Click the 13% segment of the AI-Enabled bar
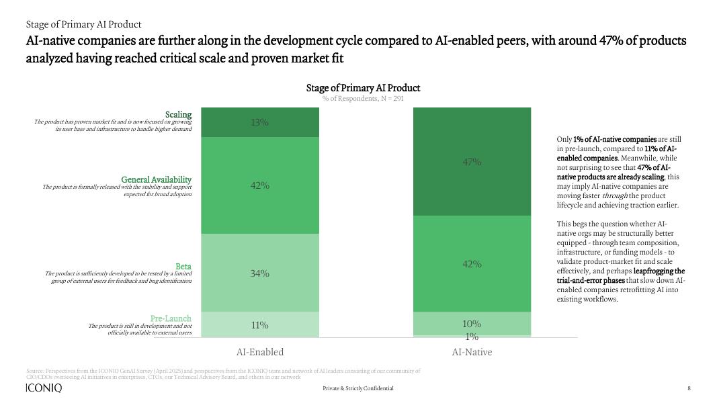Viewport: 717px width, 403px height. tap(260, 122)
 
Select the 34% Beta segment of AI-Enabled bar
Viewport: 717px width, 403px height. tap(260, 273)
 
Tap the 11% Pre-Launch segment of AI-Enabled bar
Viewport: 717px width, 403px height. tap(260, 325)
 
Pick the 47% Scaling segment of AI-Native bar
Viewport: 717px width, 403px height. tap(472, 161)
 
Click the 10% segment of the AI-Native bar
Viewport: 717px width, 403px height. tap(472, 324)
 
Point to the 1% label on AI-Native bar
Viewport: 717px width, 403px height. tap(472, 337)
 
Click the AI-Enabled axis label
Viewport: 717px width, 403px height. tap(260, 352)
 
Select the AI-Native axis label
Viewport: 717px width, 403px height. tap(472, 352)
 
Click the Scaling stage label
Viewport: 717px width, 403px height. tap(178, 115)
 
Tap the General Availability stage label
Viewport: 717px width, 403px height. tap(156, 180)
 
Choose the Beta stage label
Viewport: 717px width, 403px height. tap(183, 267)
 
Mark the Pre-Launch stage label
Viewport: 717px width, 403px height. tap(171, 318)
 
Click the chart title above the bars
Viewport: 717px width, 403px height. tap(363, 88)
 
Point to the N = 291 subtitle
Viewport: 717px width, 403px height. tap(363, 99)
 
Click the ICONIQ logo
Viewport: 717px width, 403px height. tap(44, 388)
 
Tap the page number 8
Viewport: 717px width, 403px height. tap(689, 388)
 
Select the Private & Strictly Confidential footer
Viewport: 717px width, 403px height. tap(358, 388)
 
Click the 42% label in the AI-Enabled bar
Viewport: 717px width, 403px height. tap(260, 185)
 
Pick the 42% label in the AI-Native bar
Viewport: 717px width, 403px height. tap(472, 264)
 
